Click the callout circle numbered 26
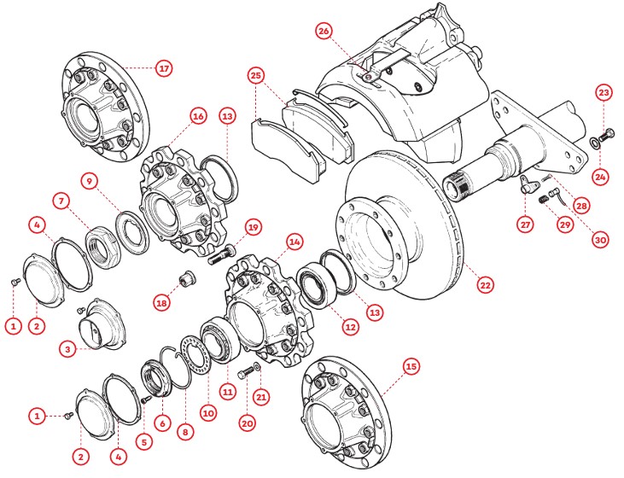(324, 31)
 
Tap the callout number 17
(164, 68)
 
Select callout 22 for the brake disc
(485, 285)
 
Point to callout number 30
(600, 240)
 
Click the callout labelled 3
(67, 350)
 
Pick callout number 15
(411, 366)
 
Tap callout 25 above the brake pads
(257, 75)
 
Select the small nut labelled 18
(184, 277)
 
